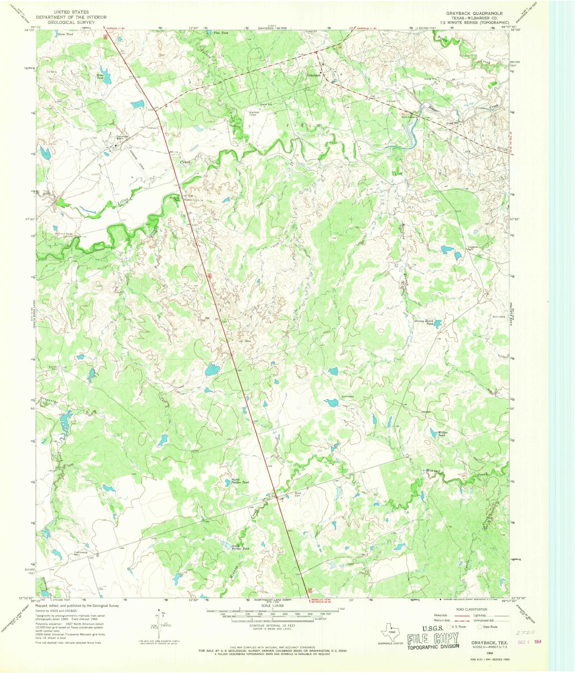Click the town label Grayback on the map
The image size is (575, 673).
point(313,75)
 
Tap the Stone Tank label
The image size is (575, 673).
point(65,35)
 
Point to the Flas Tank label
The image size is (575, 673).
point(221,33)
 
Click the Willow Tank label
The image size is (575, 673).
point(442,434)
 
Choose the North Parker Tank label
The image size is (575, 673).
point(240,481)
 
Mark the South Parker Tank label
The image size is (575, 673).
point(240,547)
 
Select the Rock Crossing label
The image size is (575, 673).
point(410,117)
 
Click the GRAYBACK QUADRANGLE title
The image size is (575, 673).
point(474,13)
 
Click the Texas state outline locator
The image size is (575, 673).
point(391,631)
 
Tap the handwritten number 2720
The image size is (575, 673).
point(527,632)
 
